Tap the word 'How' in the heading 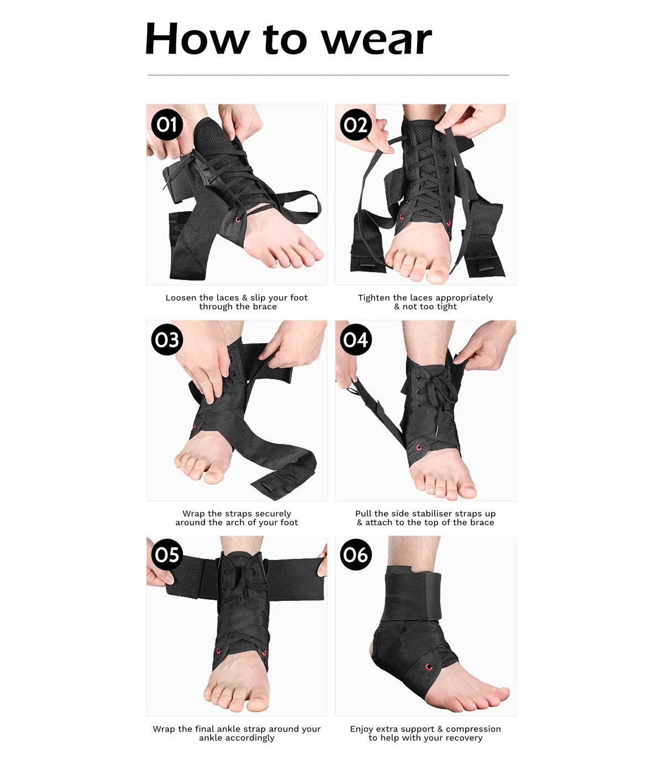point(197,38)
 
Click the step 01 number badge point(167,125)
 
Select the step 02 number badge point(356,125)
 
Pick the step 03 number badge point(167,340)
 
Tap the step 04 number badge point(356,340)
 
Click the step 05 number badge point(167,555)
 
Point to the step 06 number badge point(356,555)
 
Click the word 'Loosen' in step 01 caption point(181,298)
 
